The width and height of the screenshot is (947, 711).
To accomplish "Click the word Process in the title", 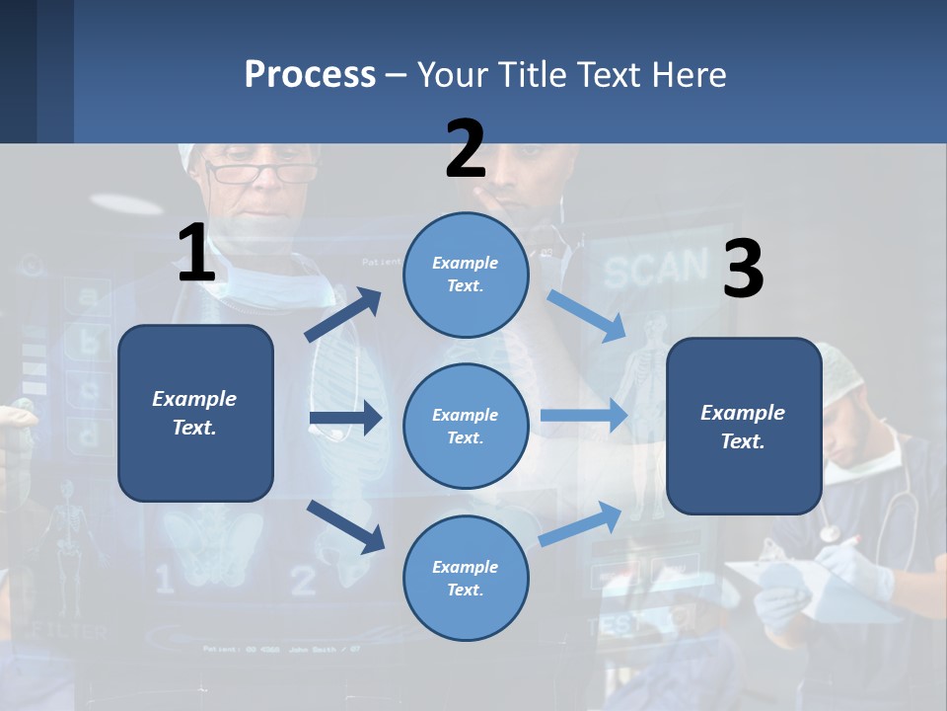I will (x=310, y=75).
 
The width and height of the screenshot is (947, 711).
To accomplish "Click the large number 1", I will (x=196, y=253).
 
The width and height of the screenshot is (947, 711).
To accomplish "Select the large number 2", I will (x=466, y=148).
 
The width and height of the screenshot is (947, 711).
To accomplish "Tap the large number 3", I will (x=743, y=269).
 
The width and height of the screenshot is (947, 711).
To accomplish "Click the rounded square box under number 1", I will (x=195, y=413).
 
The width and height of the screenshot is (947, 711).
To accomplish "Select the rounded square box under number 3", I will (x=744, y=426).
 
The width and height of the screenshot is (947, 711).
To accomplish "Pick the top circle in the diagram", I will (x=466, y=275).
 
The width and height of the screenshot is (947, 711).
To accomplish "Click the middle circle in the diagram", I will (x=466, y=426).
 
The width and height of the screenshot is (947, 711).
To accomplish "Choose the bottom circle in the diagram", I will (x=466, y=578).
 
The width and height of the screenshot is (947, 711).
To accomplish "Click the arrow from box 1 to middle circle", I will (x=345, y=419).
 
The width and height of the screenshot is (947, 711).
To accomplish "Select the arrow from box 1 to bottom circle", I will (x=345, y=525).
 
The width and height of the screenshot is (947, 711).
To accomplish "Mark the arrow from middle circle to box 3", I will (x=584, y=415).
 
